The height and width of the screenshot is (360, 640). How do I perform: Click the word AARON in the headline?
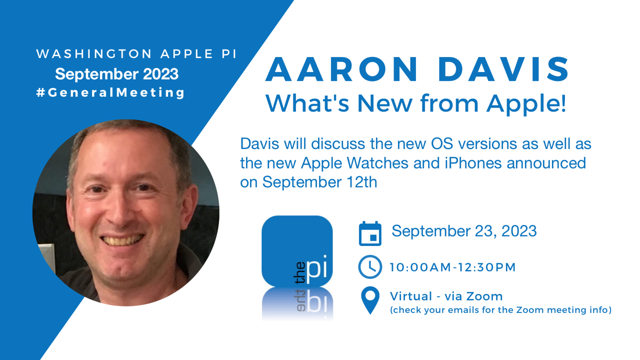point(341,69)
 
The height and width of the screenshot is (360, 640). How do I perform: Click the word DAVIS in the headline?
point(503,69)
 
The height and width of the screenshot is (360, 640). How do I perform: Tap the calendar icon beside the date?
point(370,233)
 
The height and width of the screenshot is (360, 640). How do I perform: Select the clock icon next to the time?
point(370,267)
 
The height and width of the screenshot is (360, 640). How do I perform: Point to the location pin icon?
point(370,299)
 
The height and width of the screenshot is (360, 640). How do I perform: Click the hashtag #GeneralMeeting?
point(110,92)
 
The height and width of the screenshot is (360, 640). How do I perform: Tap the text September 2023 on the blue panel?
point(117,74)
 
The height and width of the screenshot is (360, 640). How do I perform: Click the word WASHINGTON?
point(94,54)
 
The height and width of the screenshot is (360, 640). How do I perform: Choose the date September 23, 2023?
point(464,231)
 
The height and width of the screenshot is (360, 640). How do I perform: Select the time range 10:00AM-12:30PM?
point(453,267)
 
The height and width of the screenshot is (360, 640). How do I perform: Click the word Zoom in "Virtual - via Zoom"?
point(484,296)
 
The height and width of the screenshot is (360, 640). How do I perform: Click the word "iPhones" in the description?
point(473,163)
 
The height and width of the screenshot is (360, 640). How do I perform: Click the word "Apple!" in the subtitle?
point(526,104)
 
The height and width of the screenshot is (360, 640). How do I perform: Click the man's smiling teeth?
point(123,240)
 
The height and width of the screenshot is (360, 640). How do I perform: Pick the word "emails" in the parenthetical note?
point(463,310)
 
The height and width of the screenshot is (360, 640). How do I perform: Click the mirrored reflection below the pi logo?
point(297,303)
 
